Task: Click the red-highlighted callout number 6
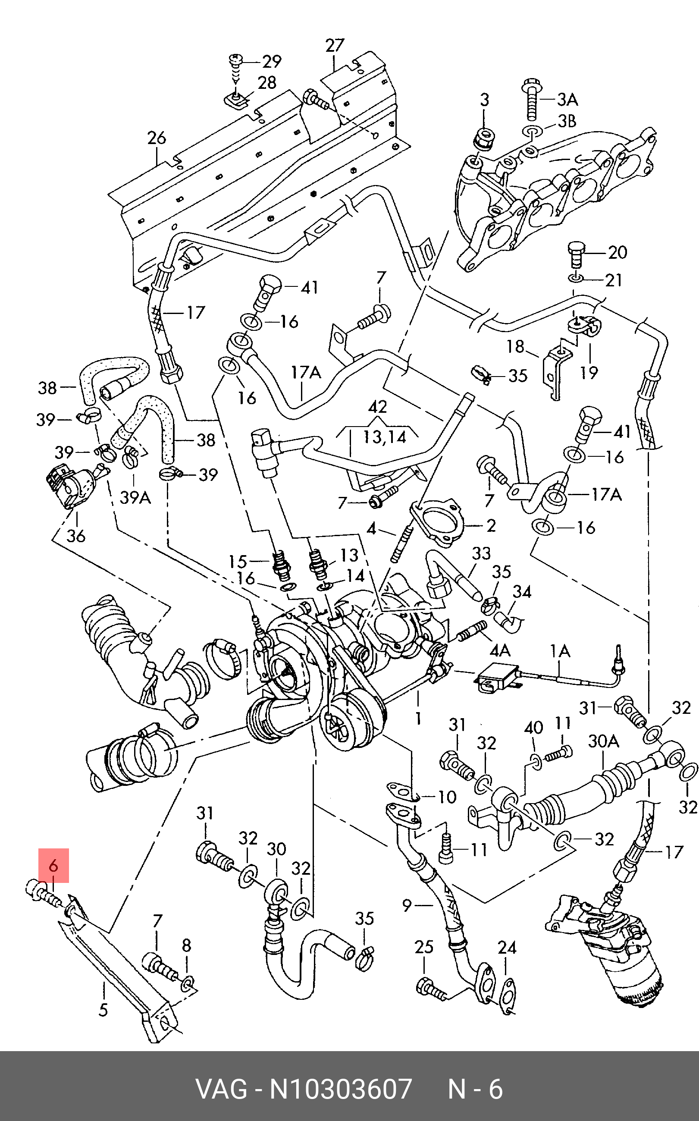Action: [x=53, y=865]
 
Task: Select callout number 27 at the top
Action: [x=335, y=45]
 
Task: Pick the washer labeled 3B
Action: [x=532, y=131]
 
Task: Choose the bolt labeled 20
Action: [x=576, y=254]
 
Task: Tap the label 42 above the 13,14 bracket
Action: [x=378, y=406]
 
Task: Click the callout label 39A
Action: [x=135, y=497]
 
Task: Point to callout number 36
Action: [x=76, y=536]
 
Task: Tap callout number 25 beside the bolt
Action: [x=424, y=947]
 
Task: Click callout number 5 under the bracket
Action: [x=103, y=1010]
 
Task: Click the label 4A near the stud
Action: [x=500, y=650]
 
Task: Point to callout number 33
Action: [x=481, y=553]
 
